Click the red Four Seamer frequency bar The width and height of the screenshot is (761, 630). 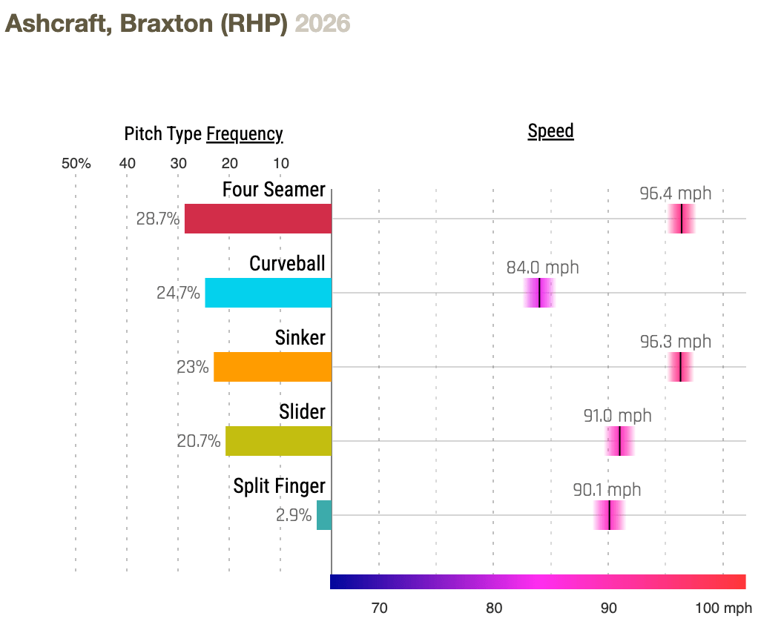[258, 219]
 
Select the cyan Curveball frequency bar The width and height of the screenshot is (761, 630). [269, 293]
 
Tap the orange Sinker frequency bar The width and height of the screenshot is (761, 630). [273, 367]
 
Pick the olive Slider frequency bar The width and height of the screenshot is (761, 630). [279, 441]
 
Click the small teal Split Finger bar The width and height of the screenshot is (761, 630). [324, 515]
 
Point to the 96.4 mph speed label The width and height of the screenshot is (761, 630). [675, 193]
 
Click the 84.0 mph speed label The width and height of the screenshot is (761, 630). [542, 268]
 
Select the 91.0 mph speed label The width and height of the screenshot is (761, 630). [617, 416]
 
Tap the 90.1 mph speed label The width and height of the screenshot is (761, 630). [607, 490]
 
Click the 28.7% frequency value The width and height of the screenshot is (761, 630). [158, 219]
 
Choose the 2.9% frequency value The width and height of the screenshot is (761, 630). [294, 515]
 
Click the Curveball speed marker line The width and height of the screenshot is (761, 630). [539, 293]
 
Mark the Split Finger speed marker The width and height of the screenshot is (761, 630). [609, 515]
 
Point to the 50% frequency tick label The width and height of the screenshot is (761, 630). [76, 164]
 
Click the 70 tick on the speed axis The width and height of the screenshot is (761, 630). [379, 609]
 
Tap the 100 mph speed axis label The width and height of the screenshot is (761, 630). [723, 609]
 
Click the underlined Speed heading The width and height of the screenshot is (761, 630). [550, 131]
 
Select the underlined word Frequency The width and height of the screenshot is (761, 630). [244, 134]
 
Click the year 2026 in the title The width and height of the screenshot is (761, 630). [323, 24]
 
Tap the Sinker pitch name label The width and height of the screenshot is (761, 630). [300, 338]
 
